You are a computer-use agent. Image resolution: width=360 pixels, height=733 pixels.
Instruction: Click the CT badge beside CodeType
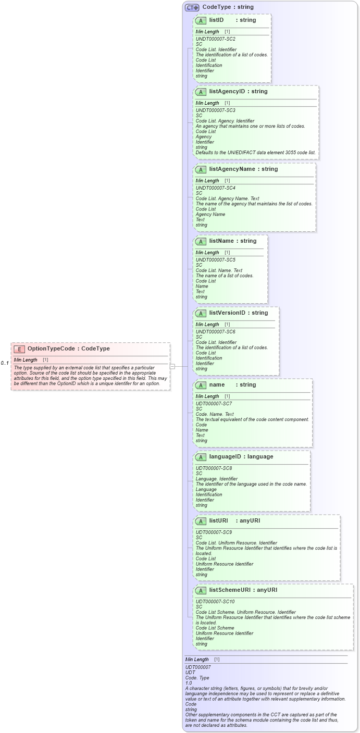point(192,8)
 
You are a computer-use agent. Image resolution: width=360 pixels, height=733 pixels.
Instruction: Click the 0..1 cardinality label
point(5,363)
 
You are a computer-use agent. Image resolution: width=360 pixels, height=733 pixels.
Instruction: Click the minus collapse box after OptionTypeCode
point(172,366)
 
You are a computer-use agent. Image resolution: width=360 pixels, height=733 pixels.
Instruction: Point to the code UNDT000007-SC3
point(216,110)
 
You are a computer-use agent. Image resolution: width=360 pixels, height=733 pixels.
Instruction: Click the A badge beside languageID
point(201,457)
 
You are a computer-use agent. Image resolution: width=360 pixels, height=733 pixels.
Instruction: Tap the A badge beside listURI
point(201,521)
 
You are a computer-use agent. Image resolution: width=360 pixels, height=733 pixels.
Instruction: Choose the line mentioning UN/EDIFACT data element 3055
point(255,153)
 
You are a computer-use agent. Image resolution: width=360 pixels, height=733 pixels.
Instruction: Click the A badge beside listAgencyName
point(201,169)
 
